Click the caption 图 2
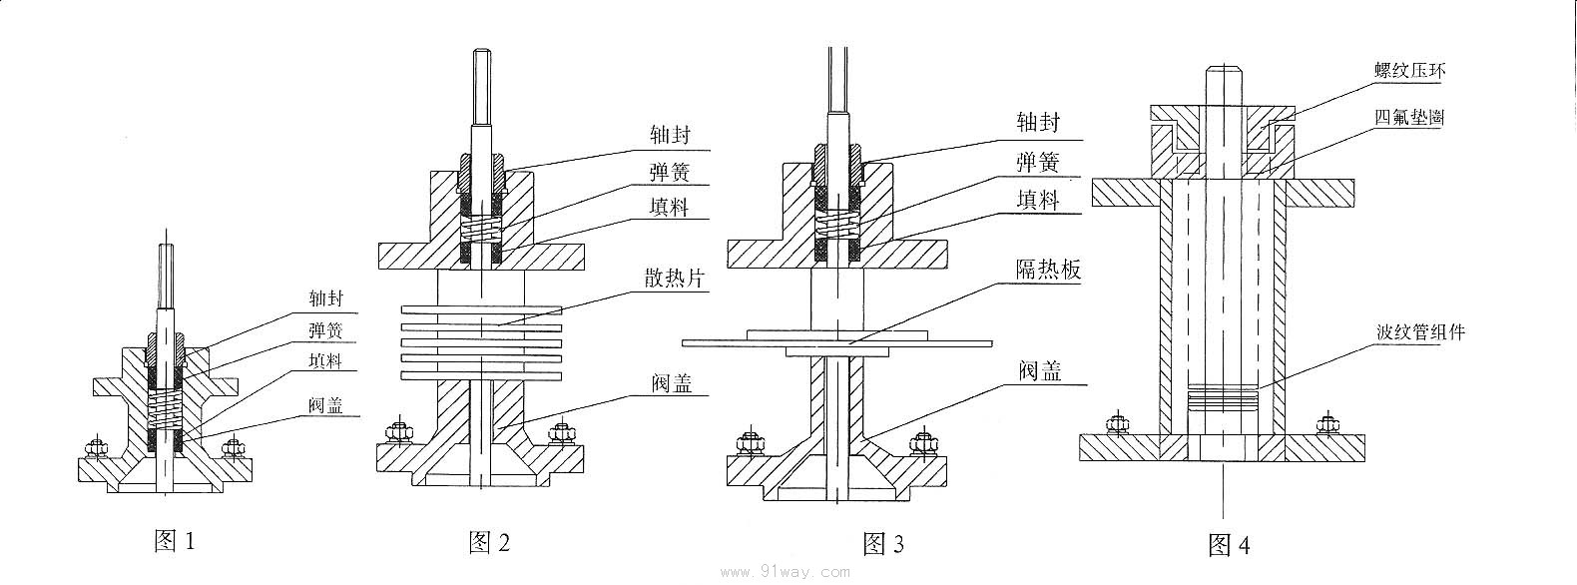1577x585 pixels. (x=489, y=542)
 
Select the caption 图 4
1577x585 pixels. (x=1229, y=545)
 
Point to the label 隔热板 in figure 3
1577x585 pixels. (x=1048, y=270)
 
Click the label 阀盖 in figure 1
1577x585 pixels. (x=327, y=406)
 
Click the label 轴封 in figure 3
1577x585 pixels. (x=1038, y=123)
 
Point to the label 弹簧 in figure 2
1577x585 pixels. (x=668, y=172)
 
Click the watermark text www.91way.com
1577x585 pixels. (x=785, y=572)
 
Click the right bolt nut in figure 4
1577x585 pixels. (x=1326, y=424)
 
